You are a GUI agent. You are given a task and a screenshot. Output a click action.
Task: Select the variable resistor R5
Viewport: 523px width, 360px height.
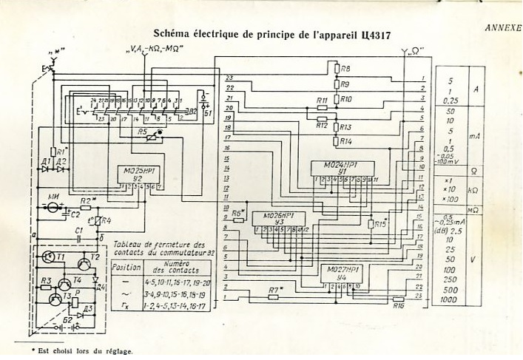coord(152,137)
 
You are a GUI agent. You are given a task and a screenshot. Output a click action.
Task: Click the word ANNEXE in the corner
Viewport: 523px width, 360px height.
coord(503,27)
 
